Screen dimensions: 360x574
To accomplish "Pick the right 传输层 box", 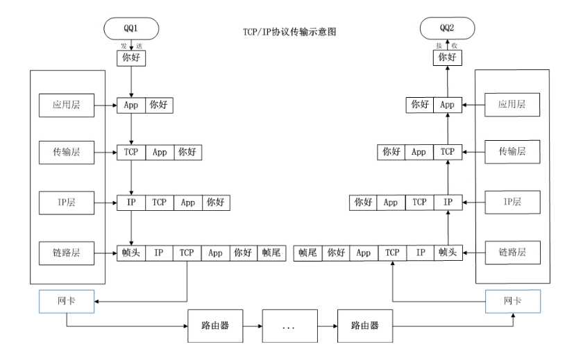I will click(512, 151).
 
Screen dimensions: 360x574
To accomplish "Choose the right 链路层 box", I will click(512, 253).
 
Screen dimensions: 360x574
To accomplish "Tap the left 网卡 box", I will click(67, 302).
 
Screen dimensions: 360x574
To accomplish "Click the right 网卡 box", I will click(512, 302).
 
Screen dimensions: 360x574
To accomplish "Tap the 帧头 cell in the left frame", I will click(131, 253).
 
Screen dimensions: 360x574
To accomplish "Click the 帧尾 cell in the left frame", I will click(271, 253).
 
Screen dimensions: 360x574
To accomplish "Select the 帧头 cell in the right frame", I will click(448, 253).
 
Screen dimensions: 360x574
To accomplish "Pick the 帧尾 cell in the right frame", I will click(307, 253).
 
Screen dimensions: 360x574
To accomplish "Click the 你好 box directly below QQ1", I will click(131, 58).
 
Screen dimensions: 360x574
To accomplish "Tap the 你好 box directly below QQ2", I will click(448, 58).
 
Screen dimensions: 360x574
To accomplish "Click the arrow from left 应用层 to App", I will click(107, 105).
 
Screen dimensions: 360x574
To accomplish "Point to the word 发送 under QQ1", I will click(131, 44).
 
